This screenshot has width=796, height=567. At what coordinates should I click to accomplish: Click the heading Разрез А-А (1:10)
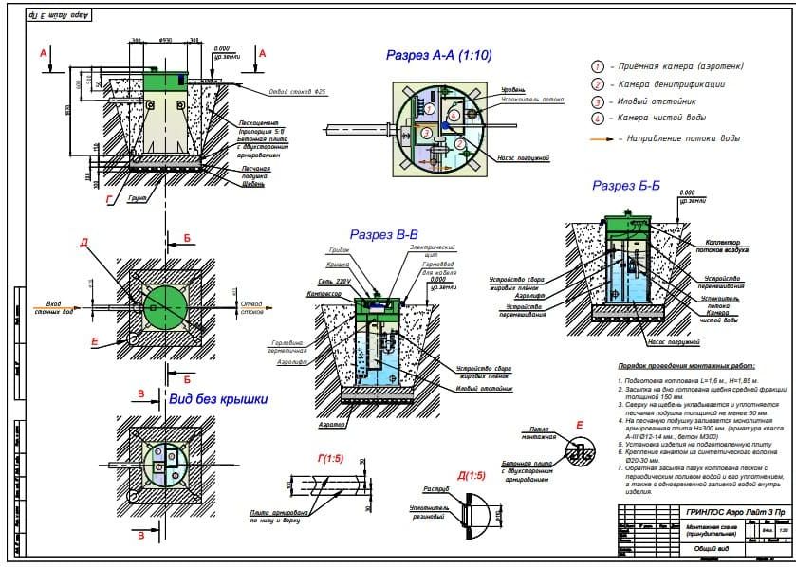coord(438,56)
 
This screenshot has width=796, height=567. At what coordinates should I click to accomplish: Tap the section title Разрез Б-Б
coord(625,186)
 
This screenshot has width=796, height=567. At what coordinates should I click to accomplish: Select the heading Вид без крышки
coord(217,399)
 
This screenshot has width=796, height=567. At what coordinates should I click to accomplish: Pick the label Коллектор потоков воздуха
coord(726,247)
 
